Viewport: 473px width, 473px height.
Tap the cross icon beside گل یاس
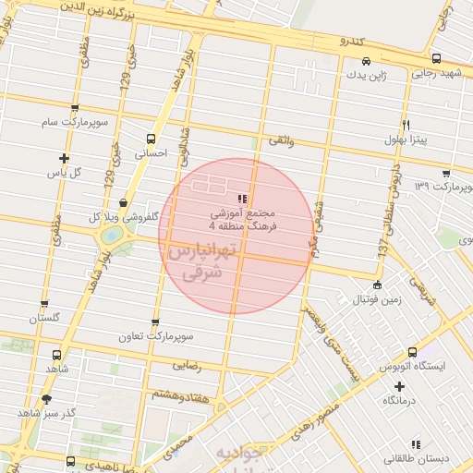point(64,159)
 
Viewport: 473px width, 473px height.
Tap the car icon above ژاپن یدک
point(367,61)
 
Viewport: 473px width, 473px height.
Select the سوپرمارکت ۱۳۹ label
point(443,188)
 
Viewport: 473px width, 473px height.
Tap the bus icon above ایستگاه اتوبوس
point(412,352)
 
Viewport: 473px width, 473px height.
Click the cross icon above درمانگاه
point(399,386)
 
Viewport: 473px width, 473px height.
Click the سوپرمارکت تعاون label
point(153,336)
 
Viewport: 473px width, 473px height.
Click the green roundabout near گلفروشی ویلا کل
point(111,236)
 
